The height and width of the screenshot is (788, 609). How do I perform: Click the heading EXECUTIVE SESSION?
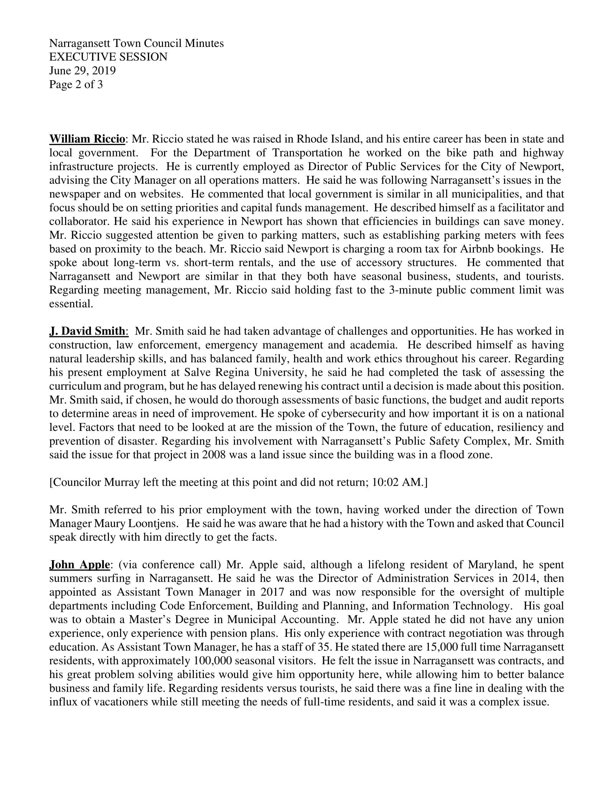[108, 57]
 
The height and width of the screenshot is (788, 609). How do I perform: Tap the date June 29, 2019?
[82, 71]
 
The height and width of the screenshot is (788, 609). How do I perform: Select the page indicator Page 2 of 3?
[76, 85]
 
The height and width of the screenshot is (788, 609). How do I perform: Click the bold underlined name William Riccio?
[87, 139]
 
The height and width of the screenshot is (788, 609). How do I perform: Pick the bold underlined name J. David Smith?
[87, 331]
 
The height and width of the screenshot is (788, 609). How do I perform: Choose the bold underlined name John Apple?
[80, 564]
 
